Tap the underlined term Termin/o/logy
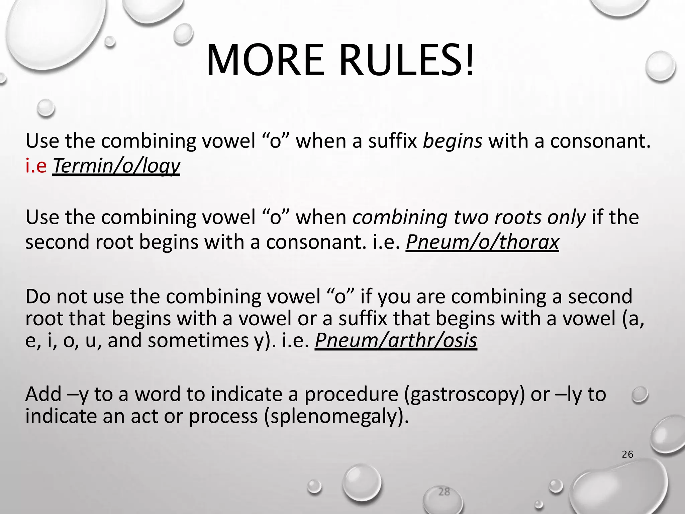coord(116,166)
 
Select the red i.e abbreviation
coord(36,166)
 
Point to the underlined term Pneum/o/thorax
coord(482,242)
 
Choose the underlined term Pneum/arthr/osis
coord(396,340)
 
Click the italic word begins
coord(453,141)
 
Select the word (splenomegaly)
coord(336,416)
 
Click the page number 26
coord(627,454)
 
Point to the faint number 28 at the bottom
coord(444,492)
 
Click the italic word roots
coord(519,218)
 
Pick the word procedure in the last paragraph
coord(351,394)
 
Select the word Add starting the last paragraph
coord(43,394)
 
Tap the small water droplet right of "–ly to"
coord(640,395)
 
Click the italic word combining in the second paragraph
coord(400,218)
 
